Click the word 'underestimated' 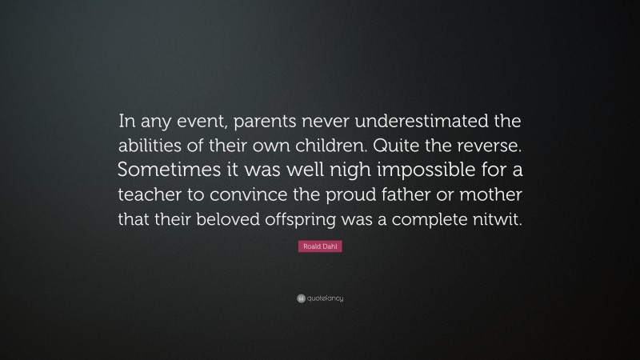click(416, 123)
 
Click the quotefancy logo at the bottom click(320, 298)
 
